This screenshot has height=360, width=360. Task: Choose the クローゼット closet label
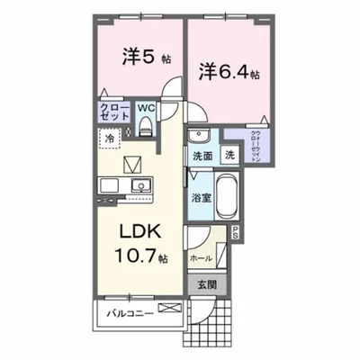(112, 114)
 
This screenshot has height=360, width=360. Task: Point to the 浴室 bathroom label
(200, 197)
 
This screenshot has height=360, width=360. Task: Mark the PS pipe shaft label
(236, 233)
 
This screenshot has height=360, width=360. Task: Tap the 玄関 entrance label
(207, 283)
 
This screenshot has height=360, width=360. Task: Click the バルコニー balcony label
(127, 314)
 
